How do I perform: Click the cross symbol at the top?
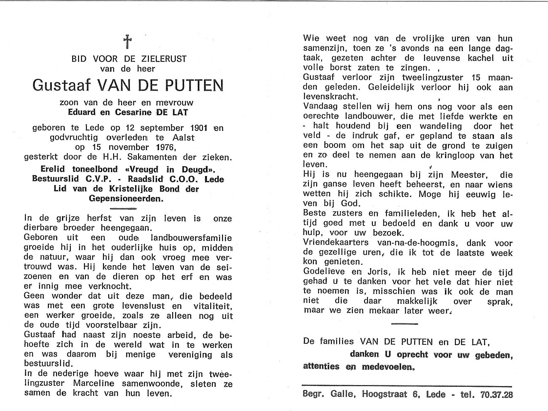(x=128, y=42)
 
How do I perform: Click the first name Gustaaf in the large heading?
(x=61, y=85)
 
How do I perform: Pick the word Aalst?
(x=185, y=138)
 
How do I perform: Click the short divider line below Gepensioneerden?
(x=123, y=208)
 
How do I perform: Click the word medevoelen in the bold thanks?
(x=388, y=367)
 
